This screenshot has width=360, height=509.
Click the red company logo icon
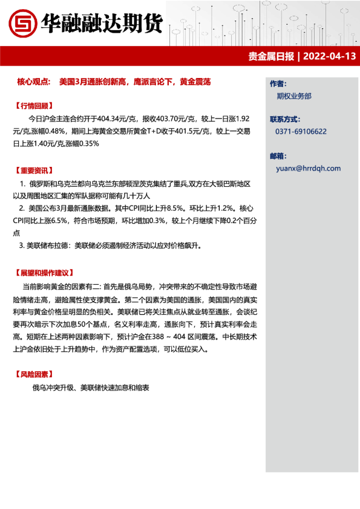(22, 24)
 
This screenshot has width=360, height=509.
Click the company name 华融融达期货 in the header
(101, 24)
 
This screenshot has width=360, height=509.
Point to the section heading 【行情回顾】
(37, 105)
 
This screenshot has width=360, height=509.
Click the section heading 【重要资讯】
(37, 170)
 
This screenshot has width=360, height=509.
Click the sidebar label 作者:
(277, 83)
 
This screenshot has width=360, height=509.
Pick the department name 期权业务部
(294, 96)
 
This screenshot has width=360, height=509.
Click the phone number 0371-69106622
(301, 131)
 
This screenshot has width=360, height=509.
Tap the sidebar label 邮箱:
(277, 155)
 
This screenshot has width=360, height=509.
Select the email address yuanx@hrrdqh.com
(308, 169)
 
